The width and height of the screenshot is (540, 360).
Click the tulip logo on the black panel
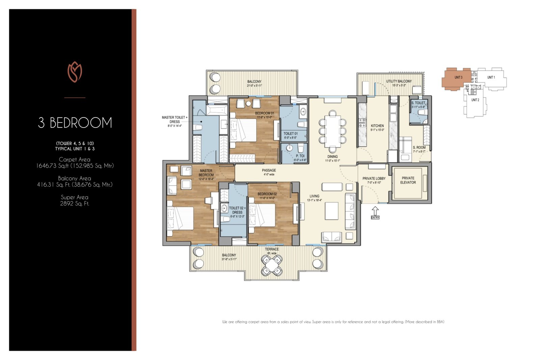coord(75,72)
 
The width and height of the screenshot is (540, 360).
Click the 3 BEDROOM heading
coord(75,123)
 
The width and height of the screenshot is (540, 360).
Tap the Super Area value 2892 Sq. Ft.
coord(75,203)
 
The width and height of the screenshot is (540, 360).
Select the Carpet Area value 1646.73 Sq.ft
coord(75,166)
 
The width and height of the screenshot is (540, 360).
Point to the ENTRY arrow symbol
coord(375,212)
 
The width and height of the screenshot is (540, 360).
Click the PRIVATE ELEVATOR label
coord(408,180)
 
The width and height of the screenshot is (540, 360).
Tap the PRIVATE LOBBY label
coord(374,178)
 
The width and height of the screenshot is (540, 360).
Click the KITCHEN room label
coord(377,126)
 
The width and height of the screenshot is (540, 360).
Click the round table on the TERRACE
coord(272,265)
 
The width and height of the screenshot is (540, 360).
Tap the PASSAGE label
coord(269,170)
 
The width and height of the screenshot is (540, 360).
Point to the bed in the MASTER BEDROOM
coord(181,218)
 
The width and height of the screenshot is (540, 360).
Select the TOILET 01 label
coord(291,134)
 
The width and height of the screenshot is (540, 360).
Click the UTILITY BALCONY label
coord(399,81)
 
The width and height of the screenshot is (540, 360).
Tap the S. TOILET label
coord(418,103)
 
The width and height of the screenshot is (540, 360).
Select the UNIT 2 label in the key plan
coord(475,100)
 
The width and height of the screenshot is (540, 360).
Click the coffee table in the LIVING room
coord(332,211)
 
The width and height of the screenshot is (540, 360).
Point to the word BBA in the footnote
coord(440,322)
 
